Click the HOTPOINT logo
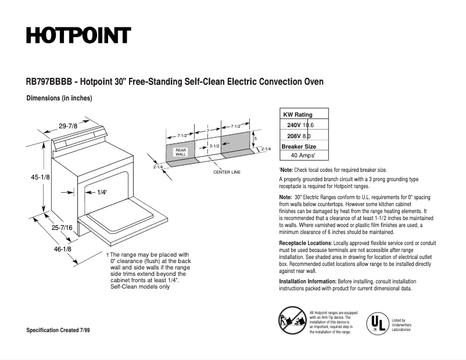tap(78, 35)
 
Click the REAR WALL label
tap(181, 152)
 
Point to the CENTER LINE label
tap(227, 172)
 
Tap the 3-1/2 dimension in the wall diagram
tap(214, 146)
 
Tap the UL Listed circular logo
tap(375, 322)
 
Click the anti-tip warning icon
tap(293, 320)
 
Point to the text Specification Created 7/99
tap(58, 330)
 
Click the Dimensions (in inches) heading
tap(59, 99)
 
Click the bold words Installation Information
tap(308, 281)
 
